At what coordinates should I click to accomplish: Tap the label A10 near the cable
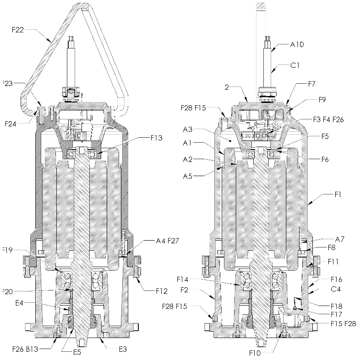(297, 44)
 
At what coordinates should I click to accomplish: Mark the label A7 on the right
(340, 239)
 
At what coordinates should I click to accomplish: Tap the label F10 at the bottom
(256, 353)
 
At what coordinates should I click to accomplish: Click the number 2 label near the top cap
(227, 86)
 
